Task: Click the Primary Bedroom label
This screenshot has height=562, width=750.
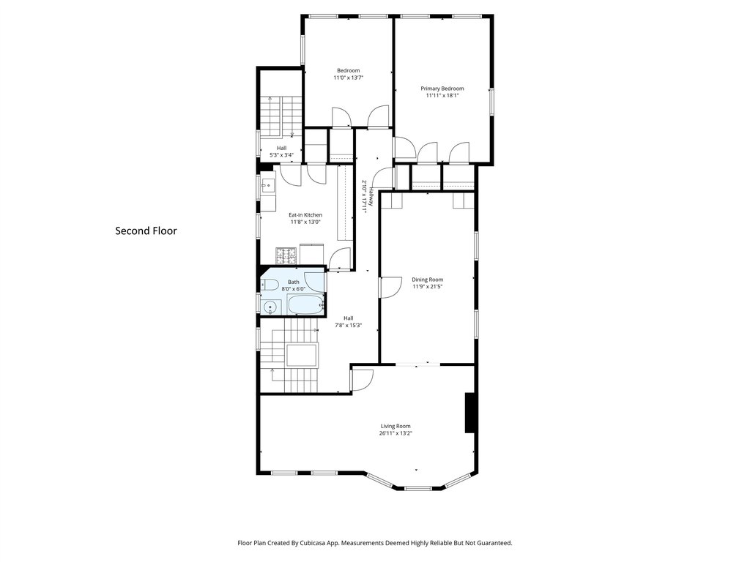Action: coord(442,89)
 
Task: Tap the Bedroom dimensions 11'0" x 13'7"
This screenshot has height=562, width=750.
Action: coord(348,78)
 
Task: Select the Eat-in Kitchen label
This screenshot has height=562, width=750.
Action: coord(305,215)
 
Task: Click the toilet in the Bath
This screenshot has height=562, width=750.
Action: coord(270,285)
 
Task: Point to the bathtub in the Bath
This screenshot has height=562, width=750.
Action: coord(305,304)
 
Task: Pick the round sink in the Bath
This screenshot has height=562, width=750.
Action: coord(270,308)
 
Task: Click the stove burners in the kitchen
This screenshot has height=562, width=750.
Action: coord(286,256)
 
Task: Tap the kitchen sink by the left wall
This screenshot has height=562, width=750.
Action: coord(267,185)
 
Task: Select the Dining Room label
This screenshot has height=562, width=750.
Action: coord(428,280)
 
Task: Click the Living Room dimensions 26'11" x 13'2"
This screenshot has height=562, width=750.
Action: coord(396,433)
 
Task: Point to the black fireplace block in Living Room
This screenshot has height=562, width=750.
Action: coord(470,413)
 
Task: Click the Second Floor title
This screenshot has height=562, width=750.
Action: coord(146,231)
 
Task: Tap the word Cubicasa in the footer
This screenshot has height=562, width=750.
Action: coord(313,543)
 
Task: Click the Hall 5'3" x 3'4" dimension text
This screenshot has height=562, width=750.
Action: coord(282,155)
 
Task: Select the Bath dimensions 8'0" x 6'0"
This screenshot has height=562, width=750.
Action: coord(293,288)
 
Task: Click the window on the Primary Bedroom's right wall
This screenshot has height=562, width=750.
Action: coord(491,101)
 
